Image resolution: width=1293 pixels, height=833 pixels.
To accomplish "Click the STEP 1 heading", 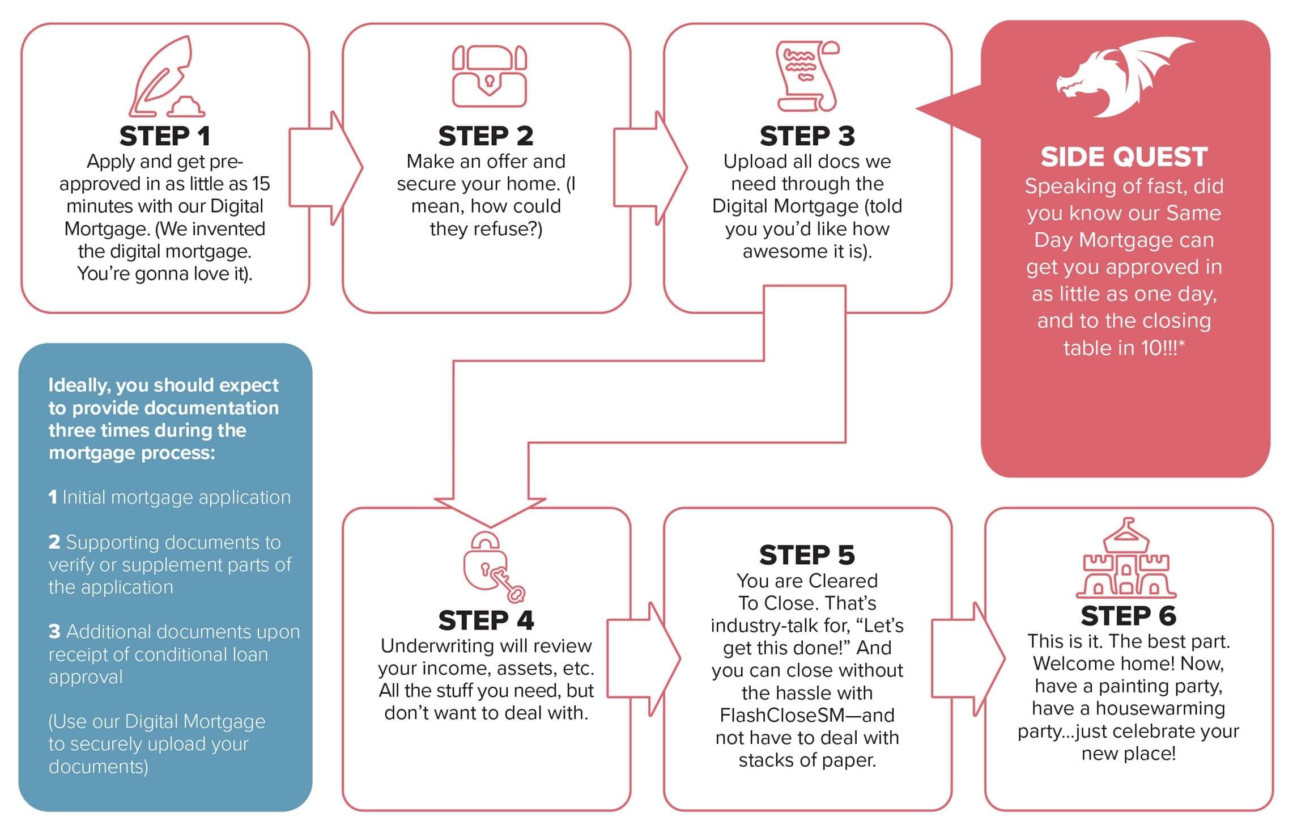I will (x=164, y=136).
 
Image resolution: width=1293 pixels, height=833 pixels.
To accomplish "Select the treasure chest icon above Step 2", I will (x=489, y=76).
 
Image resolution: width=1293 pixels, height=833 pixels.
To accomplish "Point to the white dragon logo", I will (x=1124, y=77).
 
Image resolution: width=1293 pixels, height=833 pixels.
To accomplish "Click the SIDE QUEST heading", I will (x=1124, y=157).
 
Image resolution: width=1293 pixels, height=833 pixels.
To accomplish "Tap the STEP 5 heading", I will (x=807, y=555).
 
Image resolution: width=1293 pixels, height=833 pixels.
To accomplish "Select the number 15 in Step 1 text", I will (x=261, y=184).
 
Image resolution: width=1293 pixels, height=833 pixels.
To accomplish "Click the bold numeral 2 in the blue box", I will (x=54, y=542).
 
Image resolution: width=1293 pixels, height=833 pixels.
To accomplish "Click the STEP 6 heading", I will (x=1128, y=616).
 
